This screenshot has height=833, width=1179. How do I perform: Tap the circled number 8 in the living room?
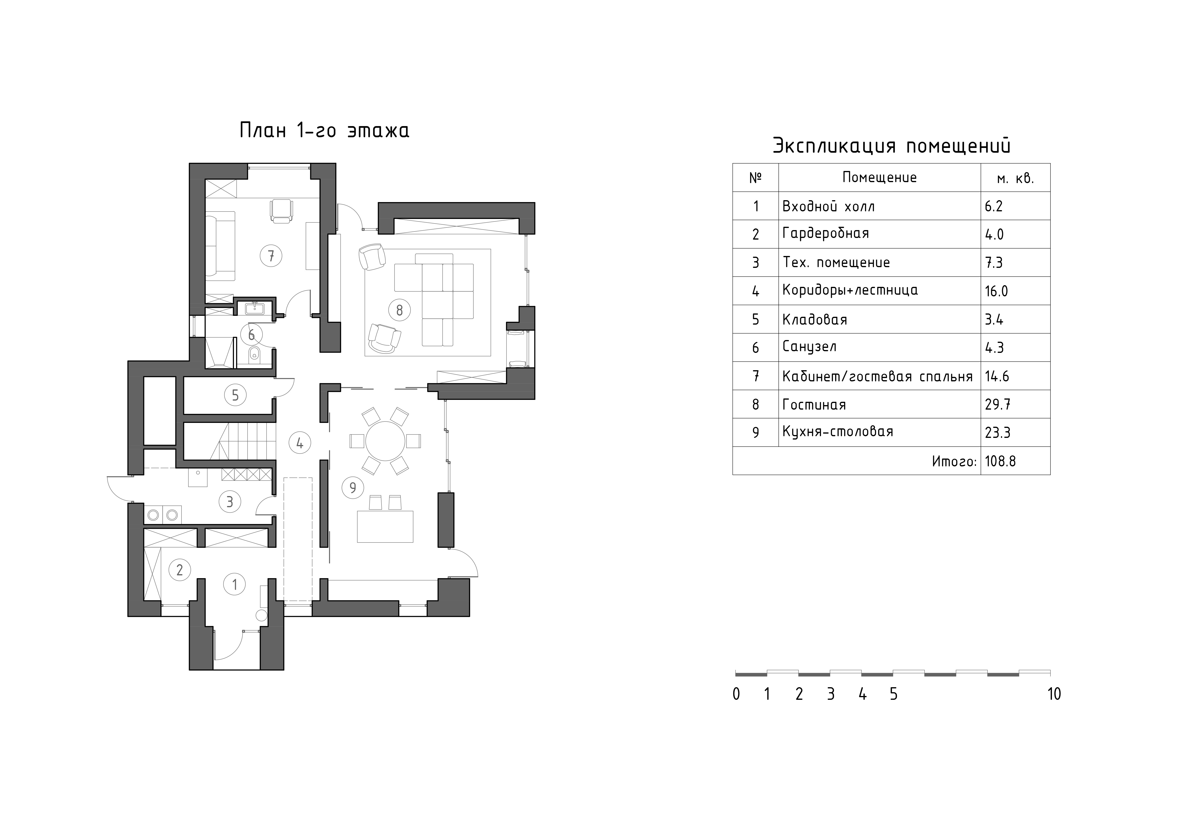tap(400, 310)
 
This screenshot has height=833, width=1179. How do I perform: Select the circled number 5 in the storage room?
tap(235, 395)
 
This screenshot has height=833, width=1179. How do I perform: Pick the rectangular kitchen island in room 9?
tap(385, 526)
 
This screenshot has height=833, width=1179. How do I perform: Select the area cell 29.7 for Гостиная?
tap(997, 404)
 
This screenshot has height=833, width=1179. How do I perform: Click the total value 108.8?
tap(1000, 461)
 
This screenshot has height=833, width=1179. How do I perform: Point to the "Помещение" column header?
tap(880, 178)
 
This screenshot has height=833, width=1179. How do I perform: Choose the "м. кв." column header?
tap(1015, 179)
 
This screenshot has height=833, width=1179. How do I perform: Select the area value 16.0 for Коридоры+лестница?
tap(996, 291)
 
